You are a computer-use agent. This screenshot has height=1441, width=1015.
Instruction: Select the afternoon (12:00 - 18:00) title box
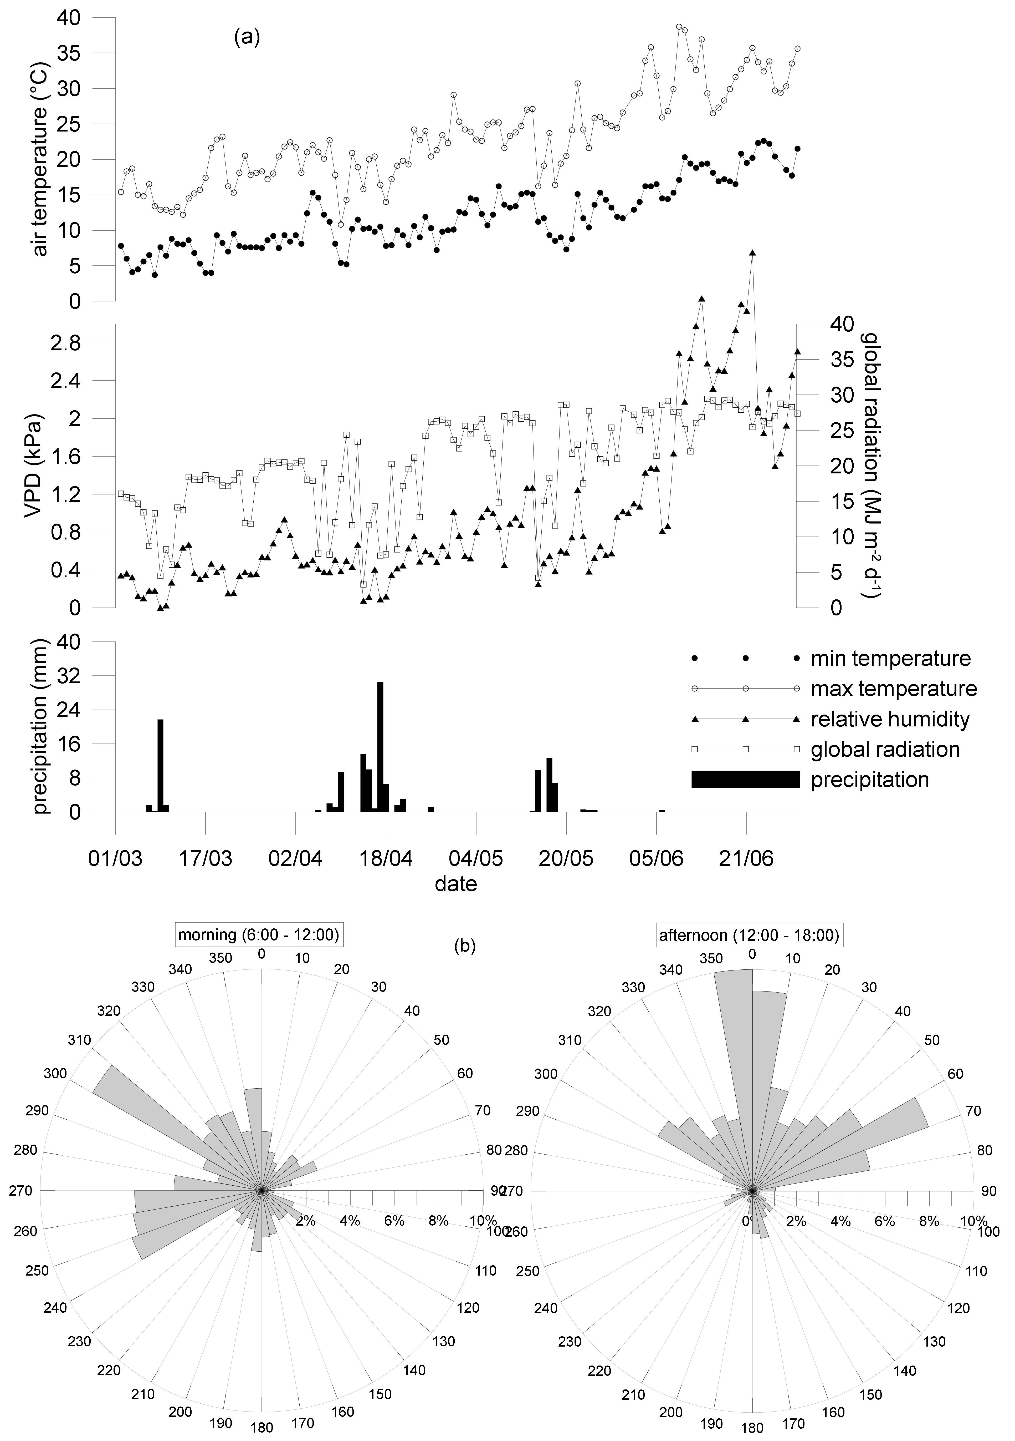click(749, 935)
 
